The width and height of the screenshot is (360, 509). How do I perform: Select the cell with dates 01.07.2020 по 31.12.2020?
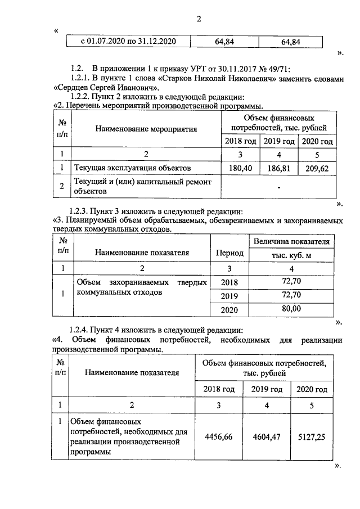(x=129, y=42)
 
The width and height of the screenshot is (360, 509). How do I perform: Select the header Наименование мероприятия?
(x=146, y=129)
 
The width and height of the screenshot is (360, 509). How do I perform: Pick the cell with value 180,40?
(x=240, y=168)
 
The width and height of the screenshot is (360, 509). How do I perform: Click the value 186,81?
(x=279, y=168)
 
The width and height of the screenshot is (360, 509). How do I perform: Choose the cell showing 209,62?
(x=318, y=168)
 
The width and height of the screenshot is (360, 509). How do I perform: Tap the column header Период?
(x=229, y=253)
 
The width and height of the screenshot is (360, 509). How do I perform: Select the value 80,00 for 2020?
(x=291, y=309)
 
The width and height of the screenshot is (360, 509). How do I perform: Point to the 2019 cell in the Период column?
(x=229, y=296)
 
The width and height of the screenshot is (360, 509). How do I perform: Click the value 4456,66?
(x=219, y=436)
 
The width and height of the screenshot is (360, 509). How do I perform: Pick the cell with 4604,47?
(x=267, y=436)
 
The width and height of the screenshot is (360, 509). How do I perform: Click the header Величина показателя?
(x=291, y=241)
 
